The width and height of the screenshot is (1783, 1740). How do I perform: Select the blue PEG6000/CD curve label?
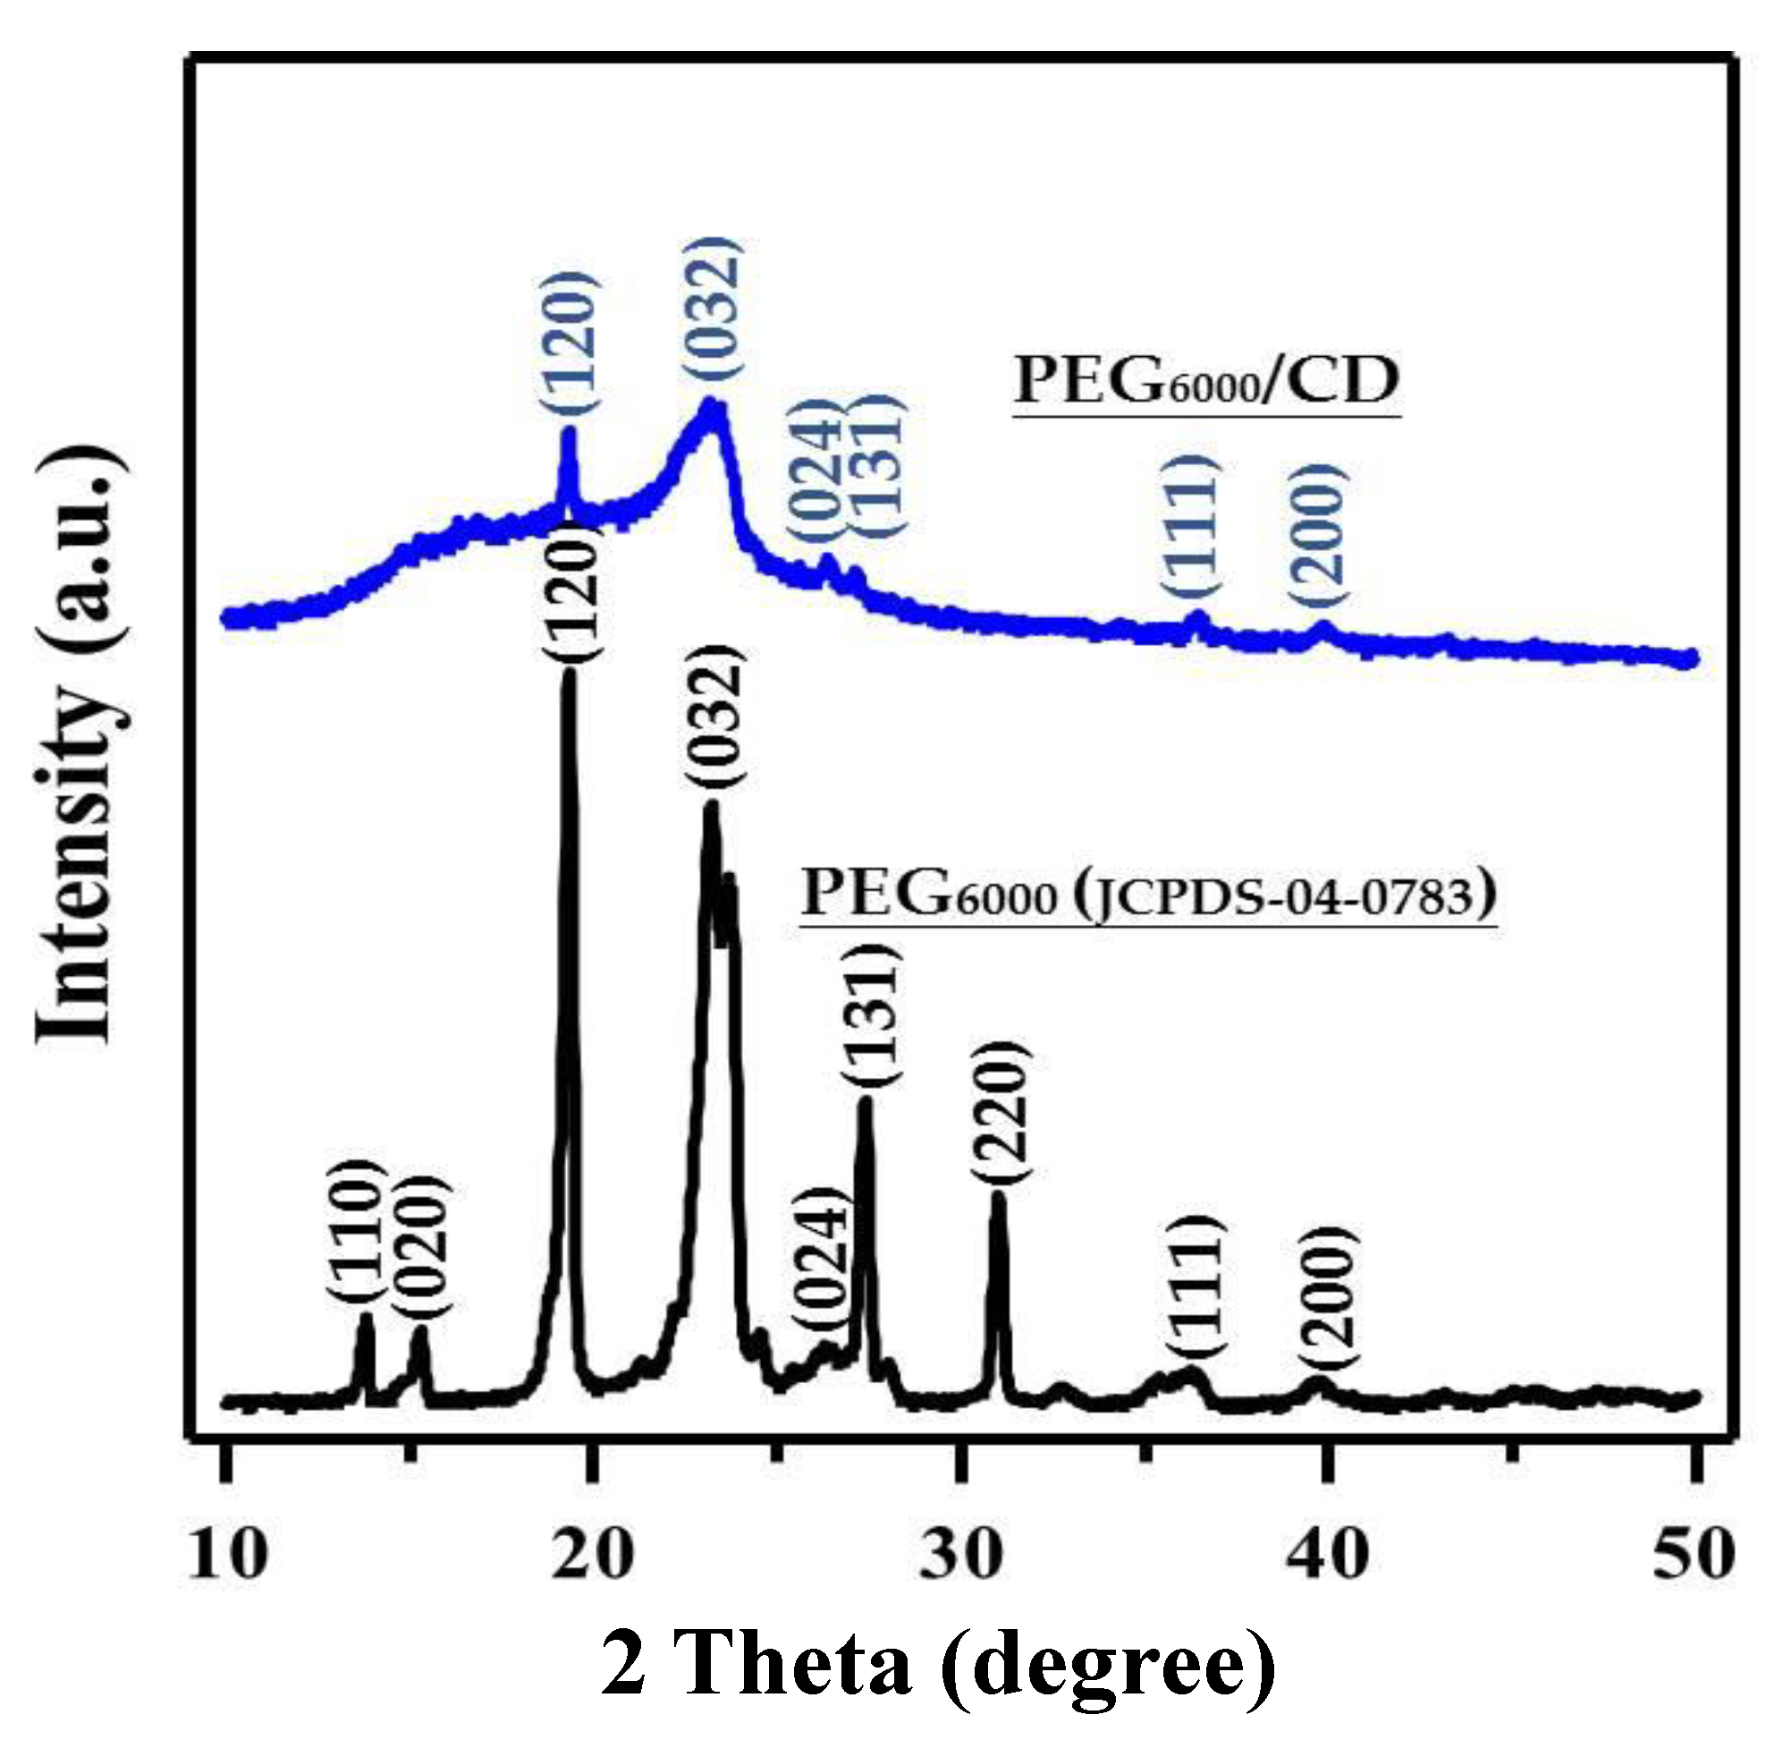click(1206, 381)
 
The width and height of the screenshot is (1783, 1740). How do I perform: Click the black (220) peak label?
click(1001, 1113)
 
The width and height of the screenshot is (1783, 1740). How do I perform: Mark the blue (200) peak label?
click(1318, 535)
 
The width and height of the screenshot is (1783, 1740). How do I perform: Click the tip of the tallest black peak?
click(568, 675)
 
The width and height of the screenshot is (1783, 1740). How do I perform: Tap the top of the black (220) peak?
click(999, 1195)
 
